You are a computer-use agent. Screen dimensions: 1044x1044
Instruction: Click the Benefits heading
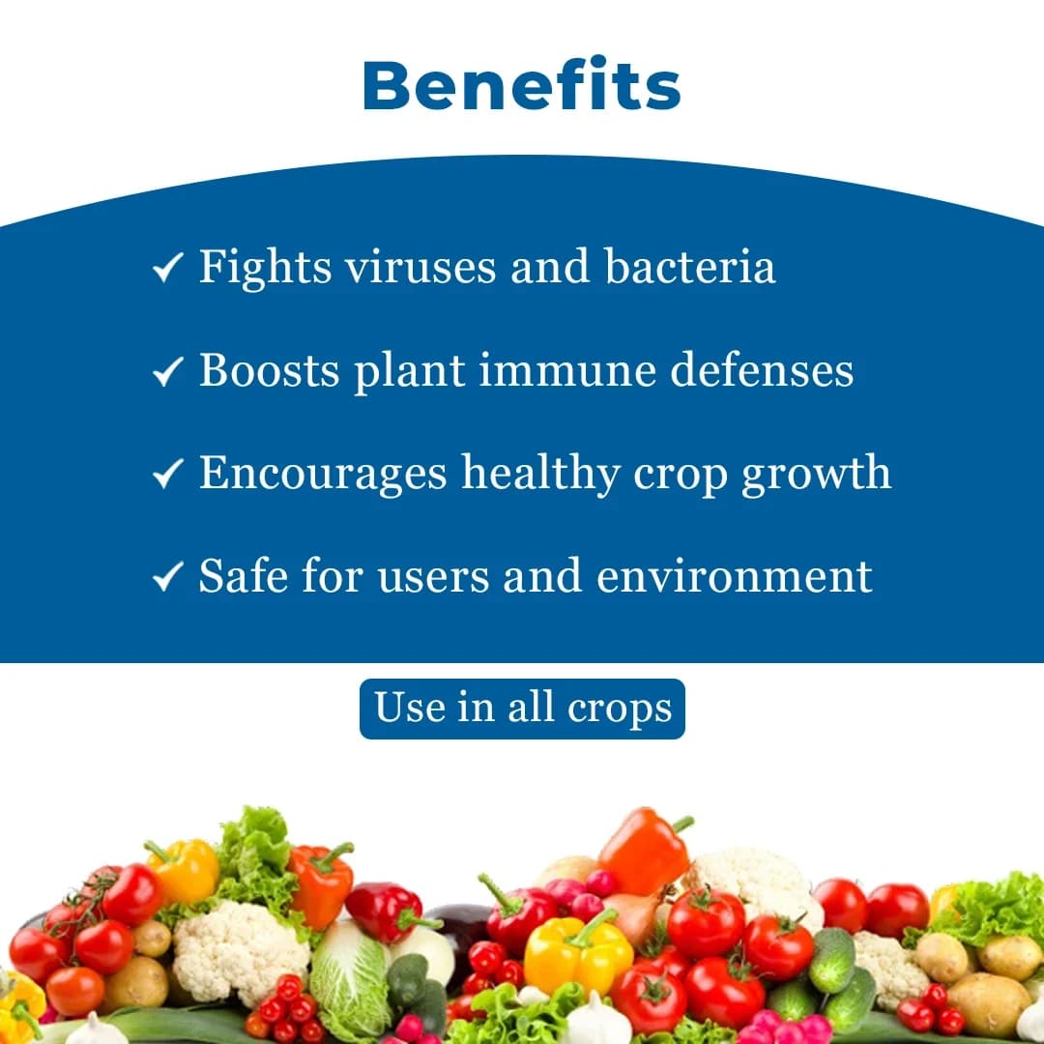click(x=522, y=85)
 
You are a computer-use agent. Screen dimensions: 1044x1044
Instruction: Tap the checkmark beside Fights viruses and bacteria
click(x=168, y=268)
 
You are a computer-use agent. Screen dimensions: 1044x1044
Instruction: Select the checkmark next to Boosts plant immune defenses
click(x=168, y=371)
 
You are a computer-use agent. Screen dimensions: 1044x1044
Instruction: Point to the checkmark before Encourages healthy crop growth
click(x=168, y=474)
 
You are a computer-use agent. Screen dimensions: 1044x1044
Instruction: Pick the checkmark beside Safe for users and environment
click(x=168, y=577)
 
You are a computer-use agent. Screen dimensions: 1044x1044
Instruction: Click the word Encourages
click(x=323, y=473)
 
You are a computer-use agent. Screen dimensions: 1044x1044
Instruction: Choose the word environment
click(x=735, y=576)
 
